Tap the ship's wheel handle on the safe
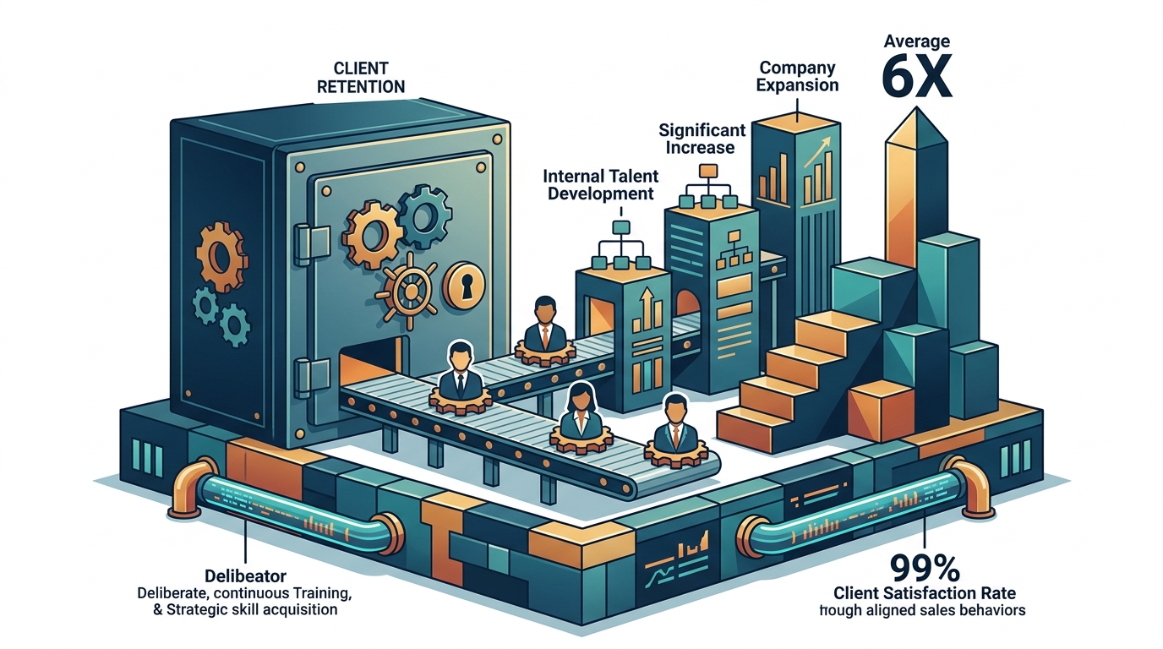[407, 291]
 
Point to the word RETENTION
[361, 87]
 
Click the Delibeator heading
[246, 575]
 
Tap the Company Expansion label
[798, 76]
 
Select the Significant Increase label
[702, 138]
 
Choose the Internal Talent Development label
[601, 184]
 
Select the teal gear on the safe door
[424, 217]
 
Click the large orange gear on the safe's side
[221, 257]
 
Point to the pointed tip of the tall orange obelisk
[917, 107]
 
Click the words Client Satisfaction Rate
[924, 593]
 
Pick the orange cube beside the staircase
[881, 410]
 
